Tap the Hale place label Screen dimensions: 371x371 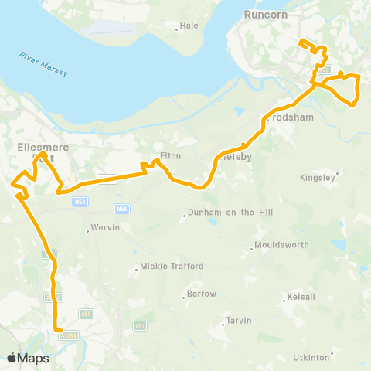click(189, 25)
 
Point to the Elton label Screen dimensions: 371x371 click(170, 156)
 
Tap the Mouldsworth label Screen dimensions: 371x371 click(282, 245)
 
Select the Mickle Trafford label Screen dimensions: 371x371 click(172, 267)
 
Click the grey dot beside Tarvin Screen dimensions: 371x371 click(223, 325)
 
